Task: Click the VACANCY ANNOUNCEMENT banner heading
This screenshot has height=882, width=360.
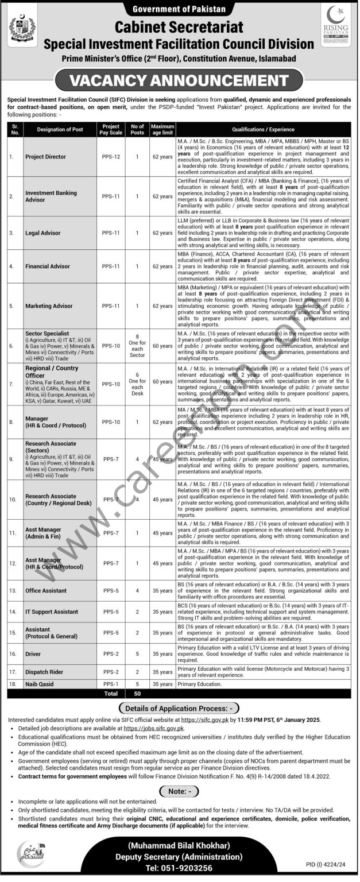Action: tap(179, 80)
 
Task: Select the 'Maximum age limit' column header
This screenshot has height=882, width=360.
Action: tap(162, 129)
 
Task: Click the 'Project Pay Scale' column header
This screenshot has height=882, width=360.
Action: tap(110, 129)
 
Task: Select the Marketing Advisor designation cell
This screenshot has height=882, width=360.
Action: tap(49, 306)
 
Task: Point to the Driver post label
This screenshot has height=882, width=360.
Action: tap(33, 653)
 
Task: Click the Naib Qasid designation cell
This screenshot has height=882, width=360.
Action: tap(38, 684)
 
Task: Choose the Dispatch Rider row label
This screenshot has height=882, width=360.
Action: tap(44, 671)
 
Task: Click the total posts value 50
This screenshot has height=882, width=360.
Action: tap(137, 694)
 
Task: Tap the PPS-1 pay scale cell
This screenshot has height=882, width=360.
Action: tap(110, 684)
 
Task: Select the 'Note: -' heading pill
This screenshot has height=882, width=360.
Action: tap(180, 791)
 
